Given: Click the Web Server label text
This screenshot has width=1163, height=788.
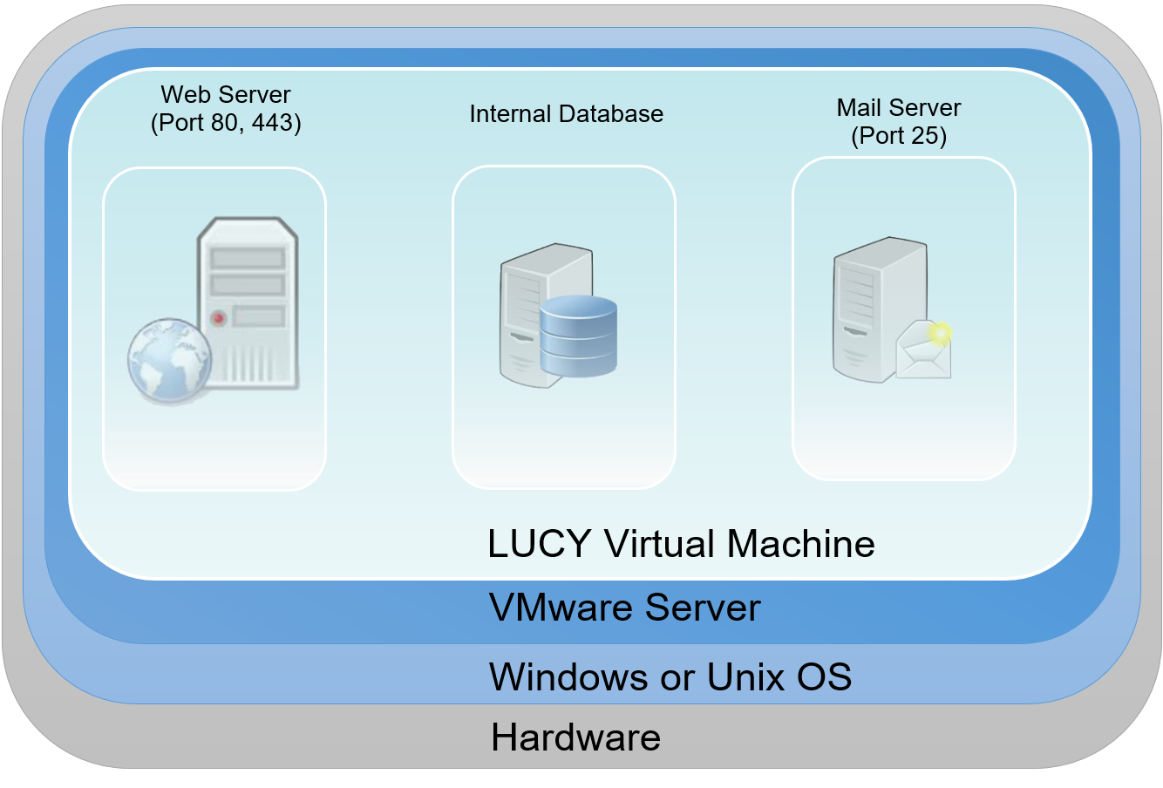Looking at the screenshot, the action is coord(225,94).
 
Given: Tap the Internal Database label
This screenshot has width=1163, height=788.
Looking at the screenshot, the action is coord(567,113).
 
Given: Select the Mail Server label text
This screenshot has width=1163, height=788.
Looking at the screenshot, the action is coord(899,108).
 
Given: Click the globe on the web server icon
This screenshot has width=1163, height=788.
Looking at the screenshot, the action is coord(170,361).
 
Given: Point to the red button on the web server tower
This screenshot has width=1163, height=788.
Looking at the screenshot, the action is coord(219,317).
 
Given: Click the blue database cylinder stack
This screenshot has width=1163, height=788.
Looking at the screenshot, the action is coord(578,336).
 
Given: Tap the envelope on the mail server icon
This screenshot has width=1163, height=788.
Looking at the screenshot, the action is coord(923,350).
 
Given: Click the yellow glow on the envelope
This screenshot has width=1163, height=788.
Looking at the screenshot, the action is coord(940,333).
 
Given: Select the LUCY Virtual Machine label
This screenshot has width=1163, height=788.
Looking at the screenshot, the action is coord(681,544).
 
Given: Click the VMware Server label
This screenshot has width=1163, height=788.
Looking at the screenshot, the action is coord(625,607).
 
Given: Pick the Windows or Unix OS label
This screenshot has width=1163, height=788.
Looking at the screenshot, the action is coord(670,676).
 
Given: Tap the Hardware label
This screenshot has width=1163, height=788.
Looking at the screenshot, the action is coord(575,737).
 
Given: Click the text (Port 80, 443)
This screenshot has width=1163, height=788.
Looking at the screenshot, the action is coord(226,123).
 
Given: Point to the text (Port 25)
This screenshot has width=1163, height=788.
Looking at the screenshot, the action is coord(899,136).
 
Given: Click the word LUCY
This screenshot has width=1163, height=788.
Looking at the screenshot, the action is coord(540,544).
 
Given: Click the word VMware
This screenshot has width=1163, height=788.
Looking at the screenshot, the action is coord(561,607).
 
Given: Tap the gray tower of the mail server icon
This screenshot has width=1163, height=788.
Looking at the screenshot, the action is coord(880,309).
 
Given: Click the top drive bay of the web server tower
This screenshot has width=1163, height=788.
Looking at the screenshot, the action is coord(248,258).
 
